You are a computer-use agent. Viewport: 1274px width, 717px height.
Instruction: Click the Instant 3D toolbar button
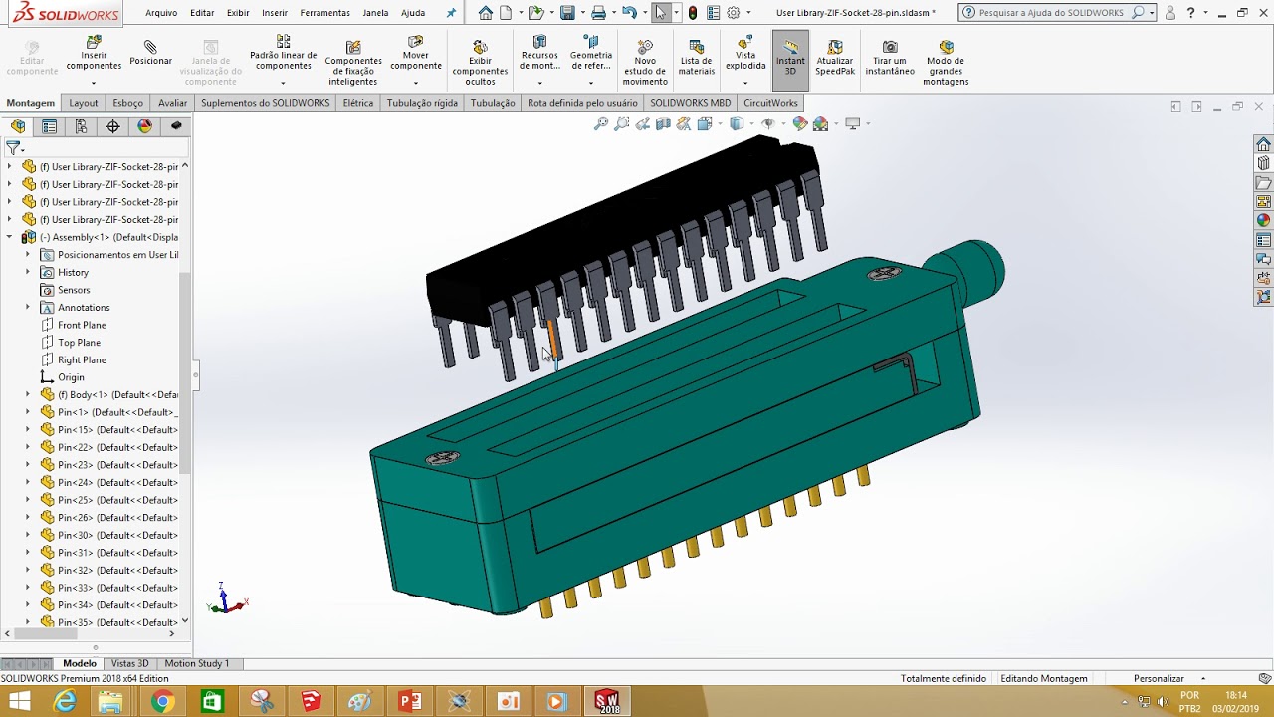(x=790, y=59)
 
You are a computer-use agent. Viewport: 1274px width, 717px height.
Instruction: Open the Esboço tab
(x=128, y=103)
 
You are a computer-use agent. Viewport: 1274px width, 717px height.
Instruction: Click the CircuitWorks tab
(x=770, y=103)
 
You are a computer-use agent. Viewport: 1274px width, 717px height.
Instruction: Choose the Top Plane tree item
(x=79, y=343)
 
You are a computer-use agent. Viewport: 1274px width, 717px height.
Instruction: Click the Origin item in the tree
(x=71, y=377)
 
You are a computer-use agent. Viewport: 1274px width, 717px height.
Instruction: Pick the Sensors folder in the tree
(x=74, y=290)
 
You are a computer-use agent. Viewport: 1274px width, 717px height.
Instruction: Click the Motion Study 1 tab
(x=196, y=663)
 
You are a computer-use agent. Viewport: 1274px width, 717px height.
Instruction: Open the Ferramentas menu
(x=324, y=13)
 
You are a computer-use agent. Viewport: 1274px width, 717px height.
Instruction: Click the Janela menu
(x=375, y=13)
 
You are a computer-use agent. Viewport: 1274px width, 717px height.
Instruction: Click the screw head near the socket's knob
(x=883, y=273)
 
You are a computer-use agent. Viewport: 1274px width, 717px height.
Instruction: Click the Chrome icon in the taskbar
(x=162, y=701)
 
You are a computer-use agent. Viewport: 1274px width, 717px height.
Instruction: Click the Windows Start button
(x=19, y=701)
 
